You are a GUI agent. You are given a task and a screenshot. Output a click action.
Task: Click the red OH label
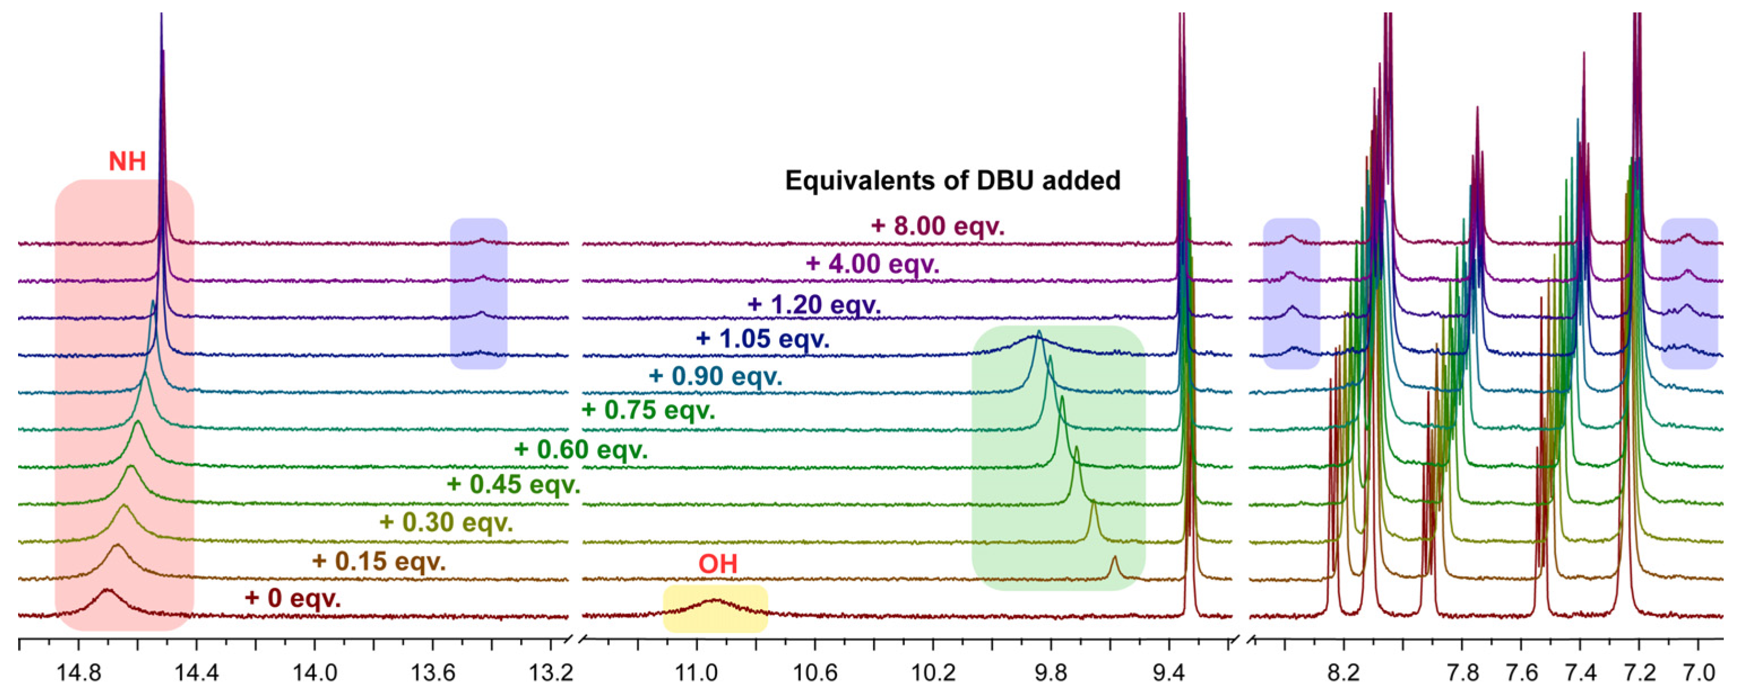click(718, 564)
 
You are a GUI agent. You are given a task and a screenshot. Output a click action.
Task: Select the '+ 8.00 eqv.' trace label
click(938, 226)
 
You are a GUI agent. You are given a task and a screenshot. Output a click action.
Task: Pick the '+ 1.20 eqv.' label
click(814, 304)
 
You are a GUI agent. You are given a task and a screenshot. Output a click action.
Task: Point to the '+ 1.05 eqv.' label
click(763, 338)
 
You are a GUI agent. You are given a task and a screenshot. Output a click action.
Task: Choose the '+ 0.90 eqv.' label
click(715, 376)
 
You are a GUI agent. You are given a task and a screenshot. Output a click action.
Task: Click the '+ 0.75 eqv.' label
click(648, 410)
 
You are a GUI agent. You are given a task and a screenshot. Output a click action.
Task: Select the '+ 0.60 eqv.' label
click(581, 450)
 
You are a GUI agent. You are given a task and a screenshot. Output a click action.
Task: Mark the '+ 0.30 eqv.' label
click(446, 523)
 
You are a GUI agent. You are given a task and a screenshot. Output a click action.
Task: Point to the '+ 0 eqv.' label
click(292, 598)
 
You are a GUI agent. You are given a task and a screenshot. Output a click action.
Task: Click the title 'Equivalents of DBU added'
click(952, 181)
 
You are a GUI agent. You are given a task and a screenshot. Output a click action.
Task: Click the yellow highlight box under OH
click(715, 609)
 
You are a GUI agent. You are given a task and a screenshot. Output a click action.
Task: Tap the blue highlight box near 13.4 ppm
click(478, 294)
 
